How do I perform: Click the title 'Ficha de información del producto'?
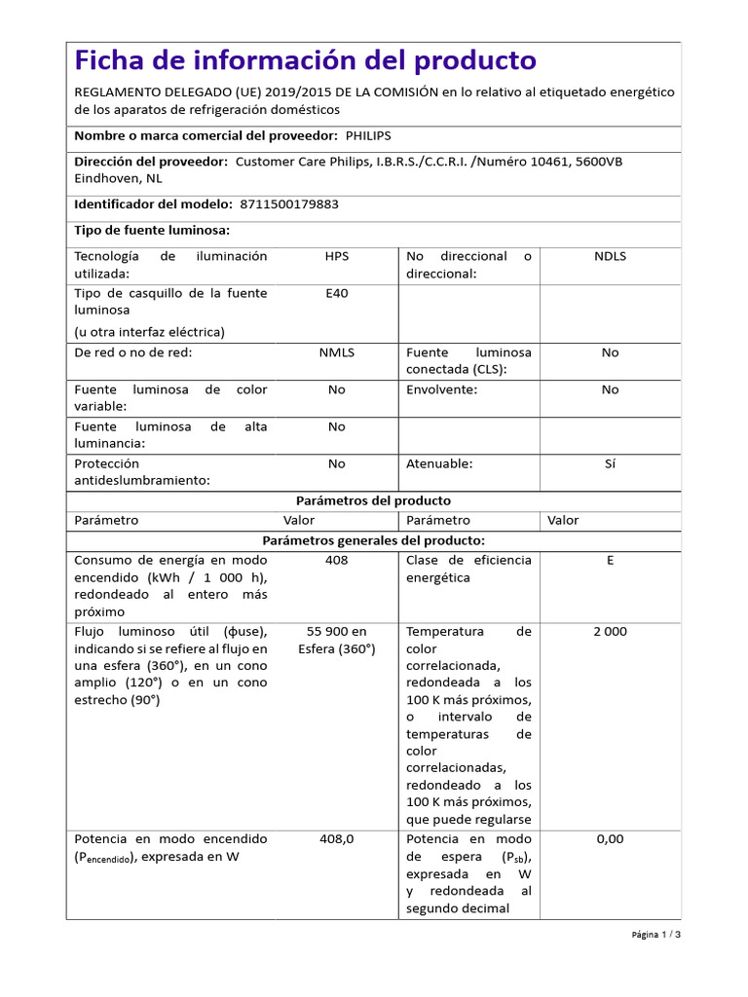click(305, 60)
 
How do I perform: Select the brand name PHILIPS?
click(375, 136)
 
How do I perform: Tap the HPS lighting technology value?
click(336, 256)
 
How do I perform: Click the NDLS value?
click(610, 256)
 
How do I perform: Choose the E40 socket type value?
click(336, 293)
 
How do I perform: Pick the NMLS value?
click(336, 352)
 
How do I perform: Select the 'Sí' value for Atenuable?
click(610, 463)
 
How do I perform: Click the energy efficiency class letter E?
click(610, 560)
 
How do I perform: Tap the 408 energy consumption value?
click(336, 560)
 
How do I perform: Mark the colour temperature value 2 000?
click(610, 631)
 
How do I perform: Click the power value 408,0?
click(336, 838)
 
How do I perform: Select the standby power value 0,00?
click(610, 838)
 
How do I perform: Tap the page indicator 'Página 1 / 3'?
click(655, 935)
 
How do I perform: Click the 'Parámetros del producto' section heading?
click(373, 500)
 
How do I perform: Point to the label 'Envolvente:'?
click(441, 389)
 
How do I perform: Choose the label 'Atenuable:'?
click(438, 463)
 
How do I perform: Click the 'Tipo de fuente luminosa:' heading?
click(152, 230)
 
